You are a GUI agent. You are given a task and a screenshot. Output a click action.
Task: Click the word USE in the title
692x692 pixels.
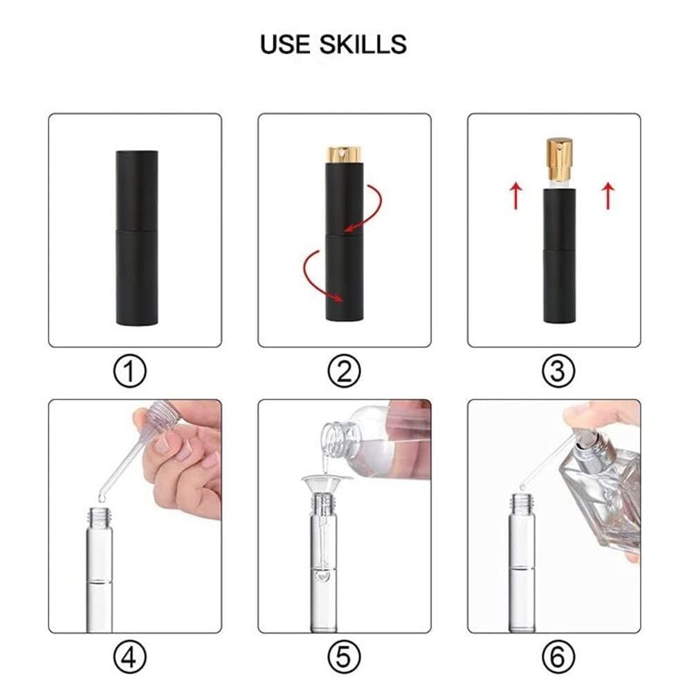(x=285, y=44)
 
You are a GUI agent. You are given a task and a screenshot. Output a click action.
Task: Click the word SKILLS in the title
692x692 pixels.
(x=363, y=44)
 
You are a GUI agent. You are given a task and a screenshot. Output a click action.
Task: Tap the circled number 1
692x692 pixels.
(x=130, y=372)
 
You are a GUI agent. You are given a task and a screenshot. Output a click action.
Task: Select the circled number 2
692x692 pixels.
(x=344, y=372)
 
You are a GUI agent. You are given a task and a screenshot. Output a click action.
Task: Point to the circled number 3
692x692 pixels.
(x=558, y=372)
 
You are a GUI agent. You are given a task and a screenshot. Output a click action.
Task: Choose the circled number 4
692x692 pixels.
(x=130, y=657)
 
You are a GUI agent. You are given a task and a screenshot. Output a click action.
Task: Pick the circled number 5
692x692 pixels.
(x=344, y=657)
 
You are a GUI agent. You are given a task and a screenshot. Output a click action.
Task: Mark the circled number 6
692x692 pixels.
(x=558, y=657)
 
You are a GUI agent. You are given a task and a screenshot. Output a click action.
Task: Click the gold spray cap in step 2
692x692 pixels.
(x=344, y=154)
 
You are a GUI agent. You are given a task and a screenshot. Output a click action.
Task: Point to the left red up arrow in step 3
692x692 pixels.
(x=516, y=196)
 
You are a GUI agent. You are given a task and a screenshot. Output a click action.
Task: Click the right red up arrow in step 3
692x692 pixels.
(x=608, y=196)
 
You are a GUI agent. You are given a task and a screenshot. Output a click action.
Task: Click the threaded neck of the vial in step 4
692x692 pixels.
(x=100, y=514)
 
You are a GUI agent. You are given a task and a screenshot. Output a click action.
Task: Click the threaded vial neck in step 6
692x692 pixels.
(x=522, y=502)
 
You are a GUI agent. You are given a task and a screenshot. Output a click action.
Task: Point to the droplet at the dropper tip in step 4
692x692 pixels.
(x=102, y=498)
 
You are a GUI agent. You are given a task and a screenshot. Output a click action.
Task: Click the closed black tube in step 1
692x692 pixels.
(x=137, y=238)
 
